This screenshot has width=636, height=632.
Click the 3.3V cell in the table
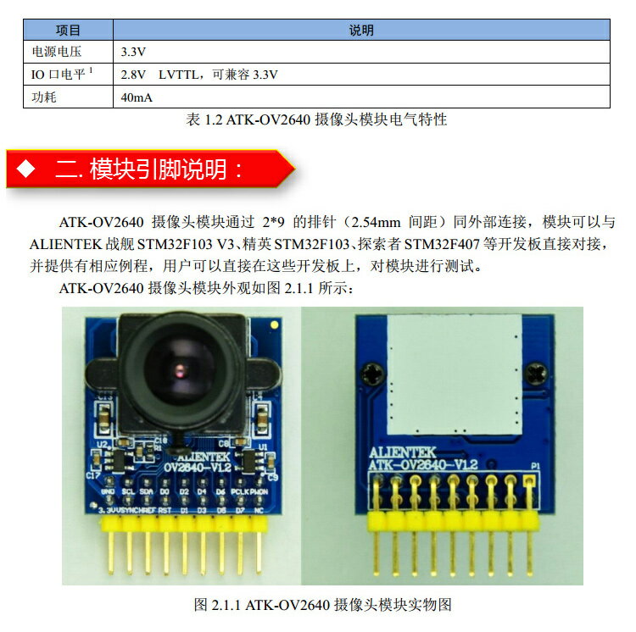133,52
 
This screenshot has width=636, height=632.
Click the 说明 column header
361,30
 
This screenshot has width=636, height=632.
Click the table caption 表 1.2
315,120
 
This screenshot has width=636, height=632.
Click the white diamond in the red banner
27,169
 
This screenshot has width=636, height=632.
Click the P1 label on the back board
535,466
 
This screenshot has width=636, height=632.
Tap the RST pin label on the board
166,511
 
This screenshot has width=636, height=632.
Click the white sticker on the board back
453,373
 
